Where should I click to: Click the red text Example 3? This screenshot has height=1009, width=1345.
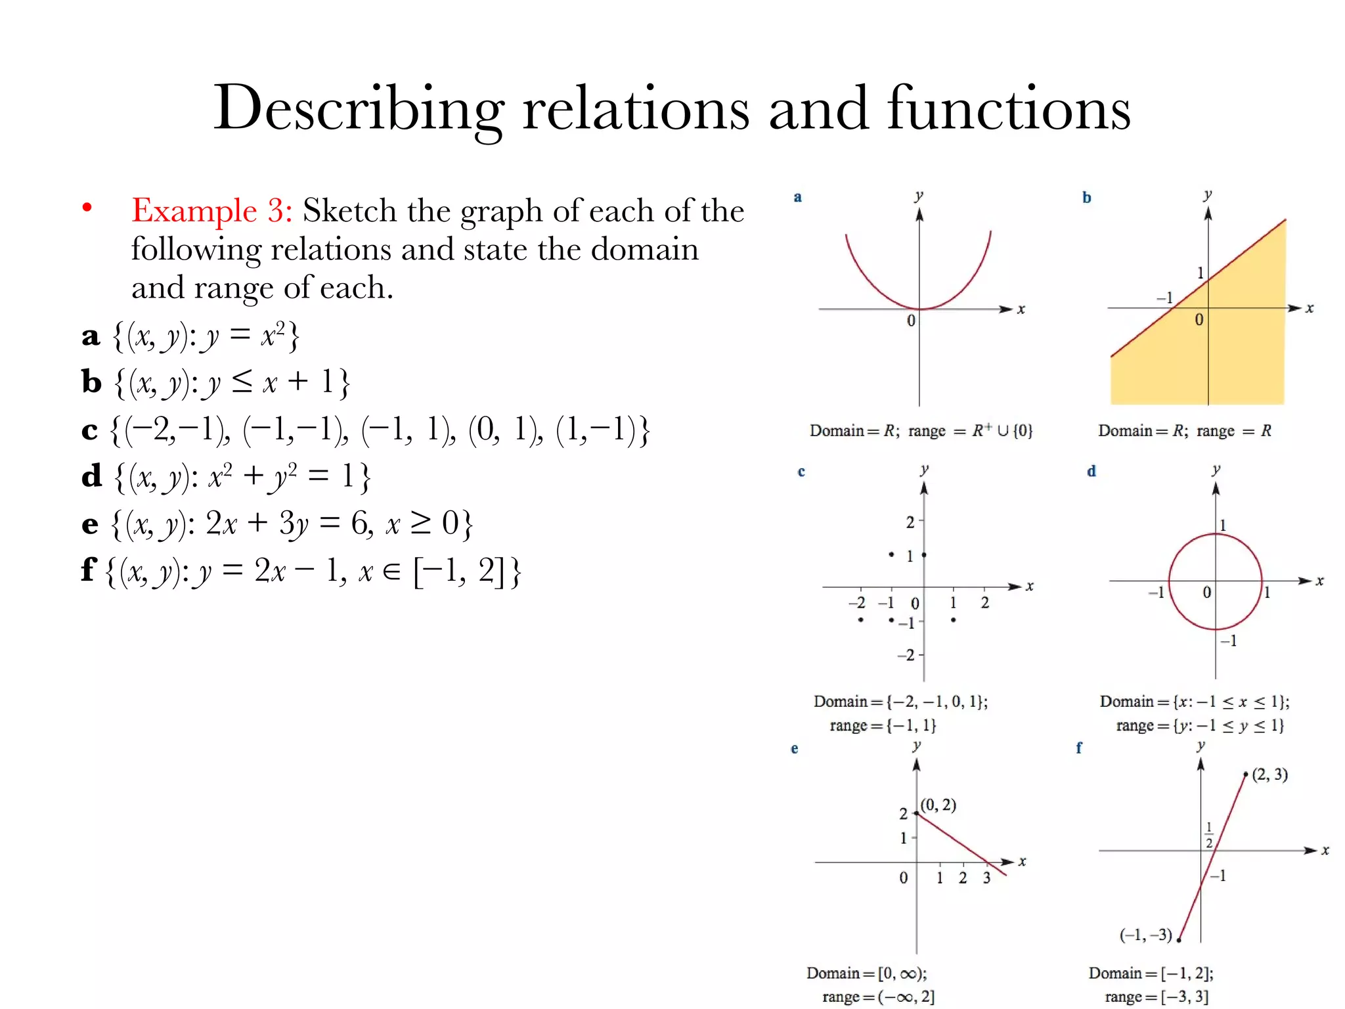pos(211,212)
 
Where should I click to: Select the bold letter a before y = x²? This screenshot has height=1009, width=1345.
pos(91,336)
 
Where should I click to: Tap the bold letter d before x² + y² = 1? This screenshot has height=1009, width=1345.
pos(92,476)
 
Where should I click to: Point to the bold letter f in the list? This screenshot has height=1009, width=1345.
pos(89,570)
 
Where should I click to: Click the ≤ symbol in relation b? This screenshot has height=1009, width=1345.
pos(241,382)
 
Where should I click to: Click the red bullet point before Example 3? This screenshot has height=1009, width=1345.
pos(87,208)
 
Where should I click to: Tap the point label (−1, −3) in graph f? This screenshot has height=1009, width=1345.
pos(1145,935)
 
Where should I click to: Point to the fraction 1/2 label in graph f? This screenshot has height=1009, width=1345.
pos(1209,835)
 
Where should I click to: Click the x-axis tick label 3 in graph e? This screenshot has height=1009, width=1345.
pos(986,878)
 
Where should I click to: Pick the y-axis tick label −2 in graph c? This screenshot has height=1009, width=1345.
pos(906,655)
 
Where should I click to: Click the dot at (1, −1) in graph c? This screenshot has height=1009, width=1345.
pos(953,619)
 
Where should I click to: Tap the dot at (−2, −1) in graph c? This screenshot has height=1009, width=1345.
pos(860,619)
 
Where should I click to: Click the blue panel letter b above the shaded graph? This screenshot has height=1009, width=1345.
pos(1087,198)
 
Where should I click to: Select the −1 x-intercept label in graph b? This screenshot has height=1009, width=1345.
pos(1164,298)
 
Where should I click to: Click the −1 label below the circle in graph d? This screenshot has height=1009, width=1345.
pos(1229,640)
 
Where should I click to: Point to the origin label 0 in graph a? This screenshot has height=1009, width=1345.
pos(911,321)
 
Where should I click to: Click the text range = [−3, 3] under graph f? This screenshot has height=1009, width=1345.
pos(1156,997)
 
